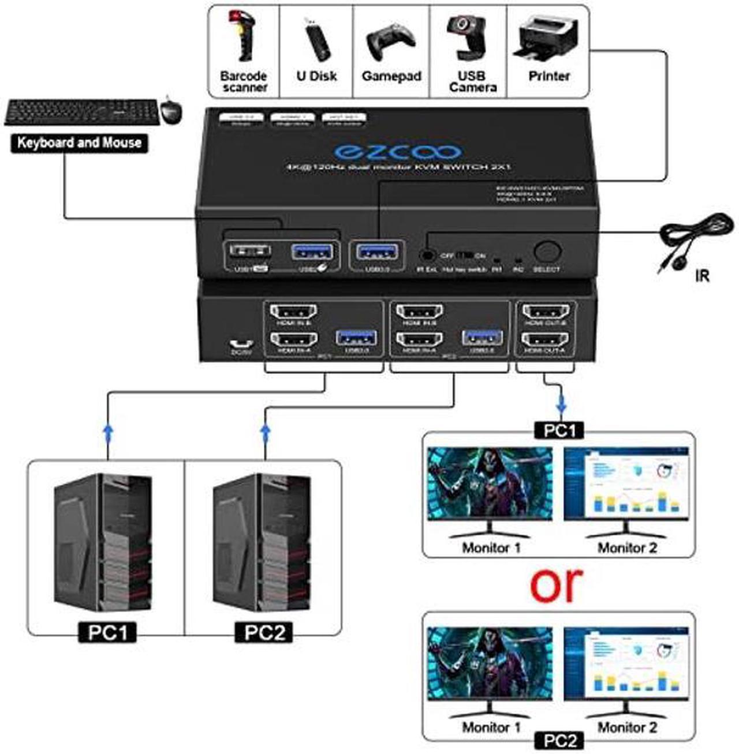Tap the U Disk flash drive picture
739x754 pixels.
316,39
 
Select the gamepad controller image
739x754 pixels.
391,42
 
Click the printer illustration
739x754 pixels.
546,38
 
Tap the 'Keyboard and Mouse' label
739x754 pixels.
79,142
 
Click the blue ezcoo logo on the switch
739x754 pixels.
398,151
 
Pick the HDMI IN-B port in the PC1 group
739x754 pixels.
294,313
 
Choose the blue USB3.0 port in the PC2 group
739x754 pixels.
481,338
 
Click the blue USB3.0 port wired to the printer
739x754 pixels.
378,252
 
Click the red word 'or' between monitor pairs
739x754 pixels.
557,584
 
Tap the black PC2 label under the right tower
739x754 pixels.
264,632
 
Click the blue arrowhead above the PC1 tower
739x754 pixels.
107,430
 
